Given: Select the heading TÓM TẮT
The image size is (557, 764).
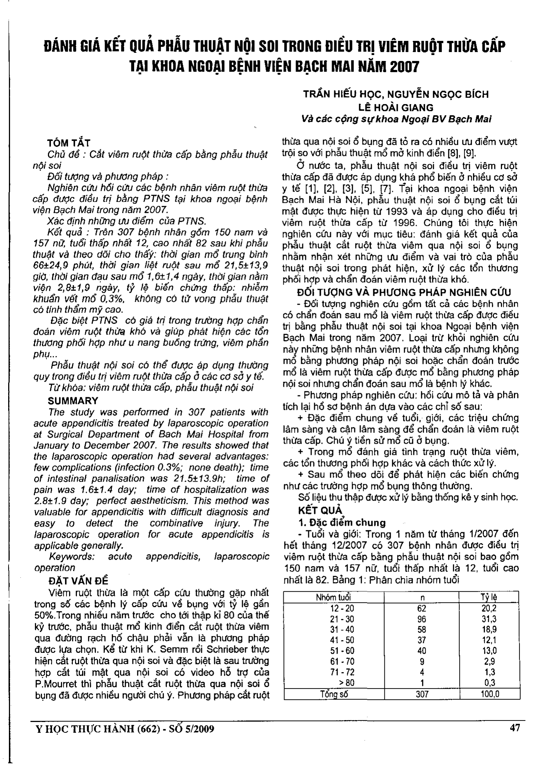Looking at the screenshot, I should [x=69, y=143].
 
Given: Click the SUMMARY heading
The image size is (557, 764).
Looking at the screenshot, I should [x=73, y=401].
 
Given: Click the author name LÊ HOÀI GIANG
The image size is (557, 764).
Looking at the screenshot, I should [x=396, y=108].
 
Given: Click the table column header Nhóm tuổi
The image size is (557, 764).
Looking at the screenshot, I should [x=333, y=598].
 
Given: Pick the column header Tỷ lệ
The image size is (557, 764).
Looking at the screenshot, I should [x=489, y=598].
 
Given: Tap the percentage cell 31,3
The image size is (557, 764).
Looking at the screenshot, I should [x=489, y=619].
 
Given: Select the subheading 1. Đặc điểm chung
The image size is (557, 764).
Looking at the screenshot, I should [x=342, y=522].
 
